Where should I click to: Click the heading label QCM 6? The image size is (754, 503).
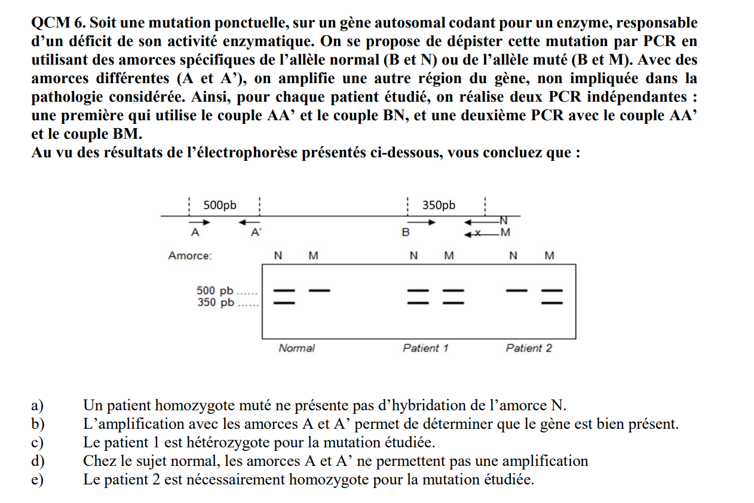click(57, 23)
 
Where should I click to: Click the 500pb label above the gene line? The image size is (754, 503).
click(220, 205)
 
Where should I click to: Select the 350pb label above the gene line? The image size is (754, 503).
click(439, 205)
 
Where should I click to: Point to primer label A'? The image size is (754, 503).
click(256, 233)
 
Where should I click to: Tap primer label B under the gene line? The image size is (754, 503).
click(406, 233)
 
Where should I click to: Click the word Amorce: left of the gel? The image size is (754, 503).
click(189, 255)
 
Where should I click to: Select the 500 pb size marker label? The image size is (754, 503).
click(215, 291)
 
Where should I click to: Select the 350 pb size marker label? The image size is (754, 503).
click(215, 302)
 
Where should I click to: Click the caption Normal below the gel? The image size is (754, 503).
click(296, 347)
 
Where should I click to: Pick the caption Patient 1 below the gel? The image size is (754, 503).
click(425, 347)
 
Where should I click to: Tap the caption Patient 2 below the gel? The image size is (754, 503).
click(529, 347)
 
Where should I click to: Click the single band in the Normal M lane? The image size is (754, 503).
click(319, 291)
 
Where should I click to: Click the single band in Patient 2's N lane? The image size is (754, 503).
click(517, 291)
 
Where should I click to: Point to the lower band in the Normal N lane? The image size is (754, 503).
click(284, 302)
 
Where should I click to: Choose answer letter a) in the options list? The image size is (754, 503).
click(37, 406)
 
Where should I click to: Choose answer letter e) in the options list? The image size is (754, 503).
click(37, 480)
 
